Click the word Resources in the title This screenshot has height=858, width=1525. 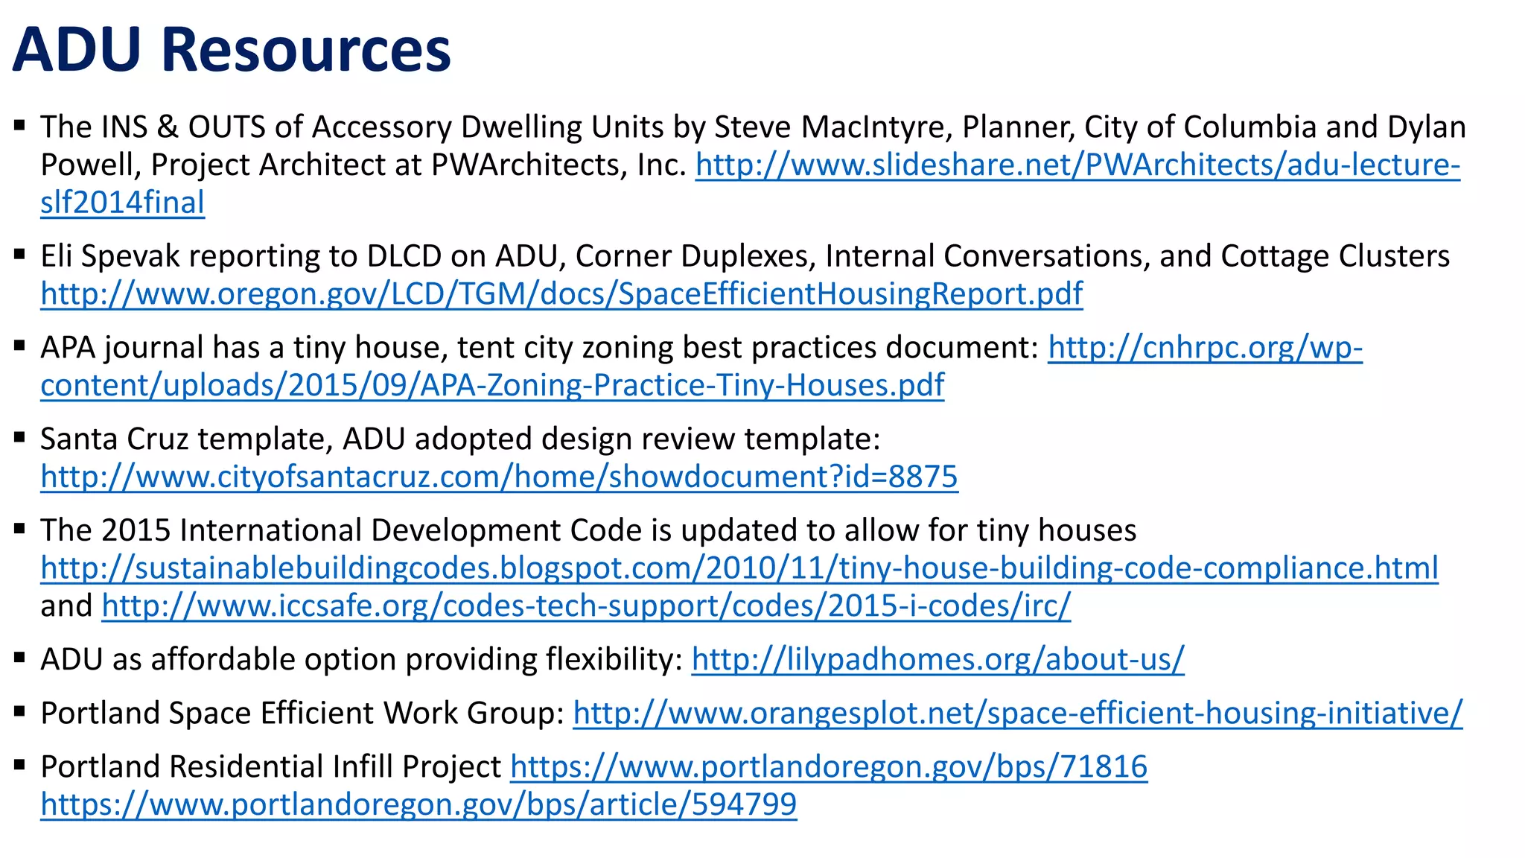click(x=305, y=50)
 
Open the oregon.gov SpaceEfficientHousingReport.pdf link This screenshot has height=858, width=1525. click(x=561, y=294)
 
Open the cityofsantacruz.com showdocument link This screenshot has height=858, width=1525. click(x=499, y=477)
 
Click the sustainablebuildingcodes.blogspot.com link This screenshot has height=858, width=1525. click(x=739, y=568)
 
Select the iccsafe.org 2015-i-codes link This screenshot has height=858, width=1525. click(x=586, y=606)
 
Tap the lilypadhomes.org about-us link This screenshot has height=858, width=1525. click(x=937, y=660)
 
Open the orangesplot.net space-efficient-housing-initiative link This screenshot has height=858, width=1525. click(x=1017, y=714)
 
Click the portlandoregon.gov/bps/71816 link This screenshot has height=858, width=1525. click(x=829, y=767)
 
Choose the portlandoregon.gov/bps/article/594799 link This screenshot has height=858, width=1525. click(x=418, y=805)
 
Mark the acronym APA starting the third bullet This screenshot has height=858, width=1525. click(x=68, y=348)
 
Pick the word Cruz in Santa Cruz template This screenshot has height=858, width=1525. click(x=158, y=439)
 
